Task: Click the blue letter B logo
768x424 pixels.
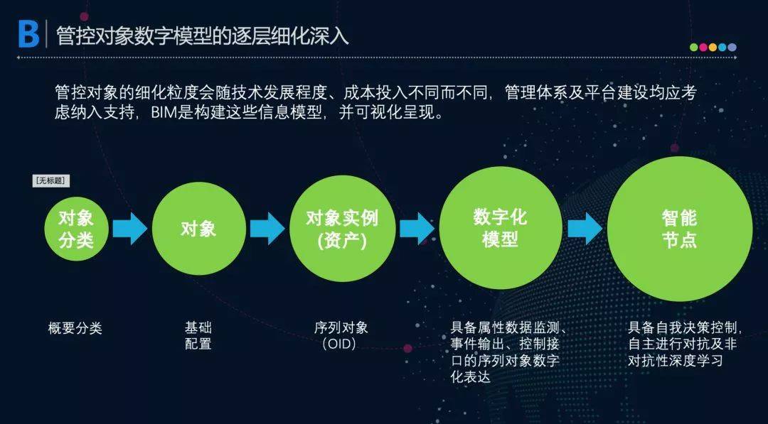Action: (x=28, y=34)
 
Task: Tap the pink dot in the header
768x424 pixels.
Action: (x=703, y=48)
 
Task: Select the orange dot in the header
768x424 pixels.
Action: (x=713, y=48)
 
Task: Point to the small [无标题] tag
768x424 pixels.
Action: (x=51, y=180)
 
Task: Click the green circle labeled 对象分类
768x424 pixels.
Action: (x=76, y=229)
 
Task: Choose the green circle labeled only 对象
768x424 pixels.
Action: (x=199, y=229)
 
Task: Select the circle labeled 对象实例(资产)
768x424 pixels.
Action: (x=342, y=229)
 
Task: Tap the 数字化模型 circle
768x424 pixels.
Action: (x=500, y=228)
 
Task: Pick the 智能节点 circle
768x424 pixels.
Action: (x=679, y=229)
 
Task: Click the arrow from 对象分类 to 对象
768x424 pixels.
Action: (x=130, y=229)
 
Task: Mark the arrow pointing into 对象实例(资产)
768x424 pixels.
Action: (x=267, y=229)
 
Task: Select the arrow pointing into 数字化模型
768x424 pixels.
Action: (x=417, y=229)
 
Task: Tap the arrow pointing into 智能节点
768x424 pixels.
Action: (x=585, y=229)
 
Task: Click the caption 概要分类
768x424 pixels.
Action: (x=75, y=327)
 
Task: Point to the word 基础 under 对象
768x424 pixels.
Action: (x=198, y=327)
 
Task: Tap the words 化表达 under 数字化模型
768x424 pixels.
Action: (x=471, y=377)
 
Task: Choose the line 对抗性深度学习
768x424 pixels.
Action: (x=676, y=361)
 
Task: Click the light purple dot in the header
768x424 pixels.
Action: (x=732, y=48)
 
